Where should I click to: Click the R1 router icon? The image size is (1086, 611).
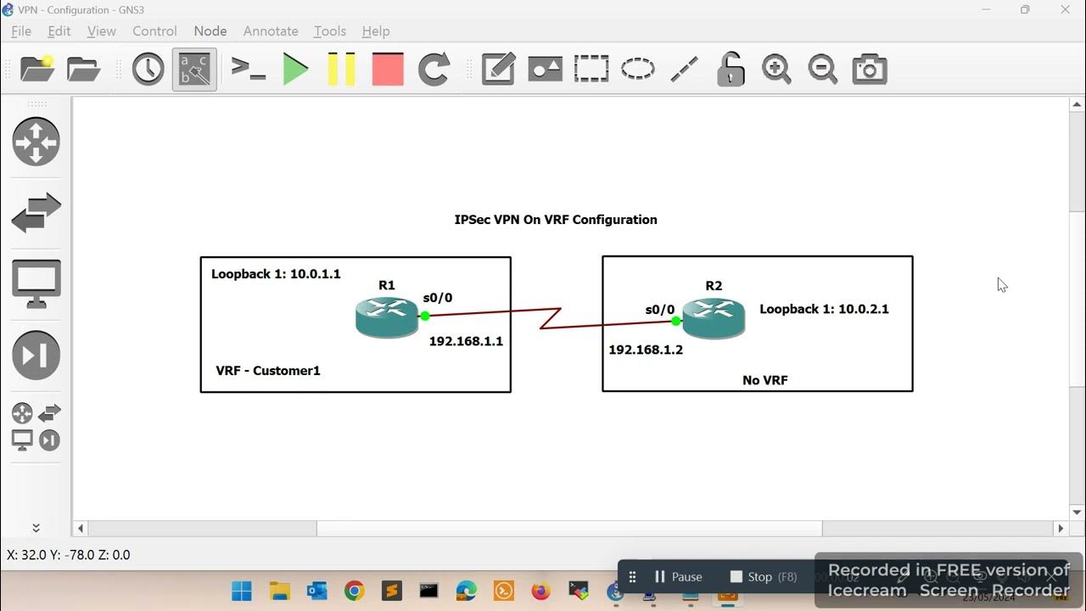pyautogui.click(x=387, y=317)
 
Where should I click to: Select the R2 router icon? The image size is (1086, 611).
pyautogui.click(x=714, y=319)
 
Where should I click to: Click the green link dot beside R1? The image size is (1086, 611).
pyautogui.click(x=425, y=316)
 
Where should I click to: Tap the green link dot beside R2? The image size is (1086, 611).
pyautogui.click(x=676, y=321)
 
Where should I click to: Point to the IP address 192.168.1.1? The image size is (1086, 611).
pyautogui.click(x=466, y=341)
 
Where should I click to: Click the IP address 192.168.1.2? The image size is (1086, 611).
pyautogui.click(x=646, y=350)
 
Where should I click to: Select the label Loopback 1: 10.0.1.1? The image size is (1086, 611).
pyautogui.click(x=276, y=274)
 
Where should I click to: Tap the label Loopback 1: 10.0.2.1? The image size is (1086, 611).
pyautogui.click(x=824, y=309)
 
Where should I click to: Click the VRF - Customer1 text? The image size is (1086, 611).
pyautogui.click(x=268, y=371)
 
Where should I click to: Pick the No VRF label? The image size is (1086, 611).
pyautogui.click(x=765, y=380)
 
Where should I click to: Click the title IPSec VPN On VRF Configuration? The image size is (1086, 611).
pyautogui.click(x=556, y=220)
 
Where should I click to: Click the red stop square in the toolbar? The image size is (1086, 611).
pyautogui.click(x=388, y=69)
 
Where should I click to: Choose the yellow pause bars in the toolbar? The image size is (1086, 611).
pyautogui.click(x=341, y=69)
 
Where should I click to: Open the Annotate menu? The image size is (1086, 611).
pyautogui.click(x=271, y=31)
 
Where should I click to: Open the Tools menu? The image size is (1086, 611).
pyautogui.click(x=329, y=31)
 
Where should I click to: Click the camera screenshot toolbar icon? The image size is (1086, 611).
pyautogui.click(x=869, y=69)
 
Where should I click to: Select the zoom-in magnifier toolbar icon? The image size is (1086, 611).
pyautogui.click(x=776, y=69)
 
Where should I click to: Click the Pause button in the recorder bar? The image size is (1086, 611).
pyautogui.click(x=678, y=577)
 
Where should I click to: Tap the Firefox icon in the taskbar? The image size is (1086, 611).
pyautogui.click(x=540, y=591)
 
